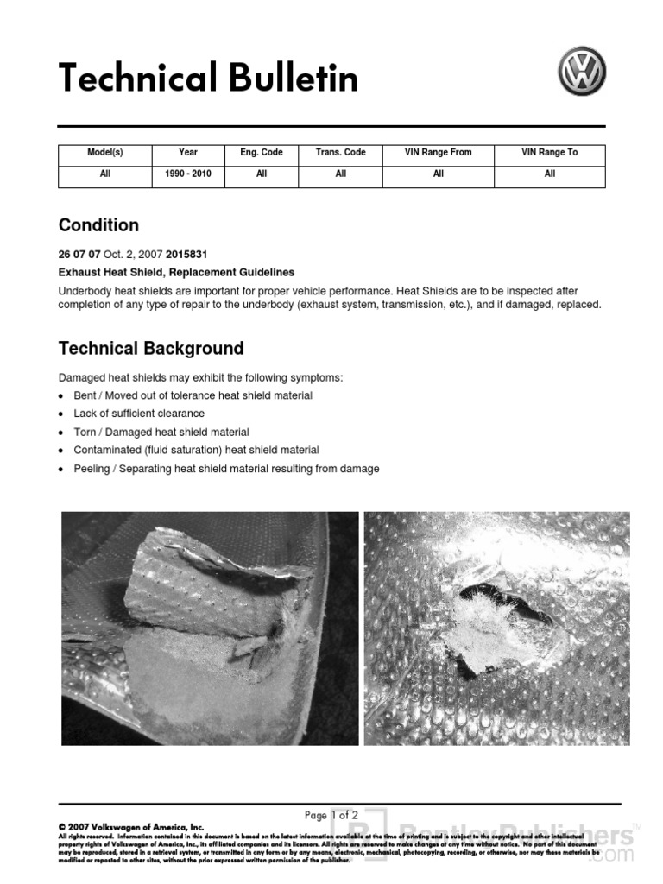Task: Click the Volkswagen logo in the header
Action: click(582, 72)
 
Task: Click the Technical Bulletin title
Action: click(208, 79)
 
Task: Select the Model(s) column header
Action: click(105, 153)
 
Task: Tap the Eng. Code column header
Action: click(262, 153)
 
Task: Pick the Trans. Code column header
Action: click(340, 153)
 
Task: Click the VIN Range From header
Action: click(438, 153)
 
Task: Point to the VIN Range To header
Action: click(549, 153)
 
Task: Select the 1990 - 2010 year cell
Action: click(188, 174)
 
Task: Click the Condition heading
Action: click(98, 225)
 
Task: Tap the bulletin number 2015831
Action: click(186, 255)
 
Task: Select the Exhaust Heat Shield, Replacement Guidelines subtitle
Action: click(176, 272)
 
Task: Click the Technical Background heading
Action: click(151, 349)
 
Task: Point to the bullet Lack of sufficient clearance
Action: click(139, 414)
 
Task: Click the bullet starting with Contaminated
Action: click(196, 451)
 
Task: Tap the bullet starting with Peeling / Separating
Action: click(226, 470)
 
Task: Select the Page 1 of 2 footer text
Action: click(331, 815)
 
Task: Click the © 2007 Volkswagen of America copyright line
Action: click(131, 827)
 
